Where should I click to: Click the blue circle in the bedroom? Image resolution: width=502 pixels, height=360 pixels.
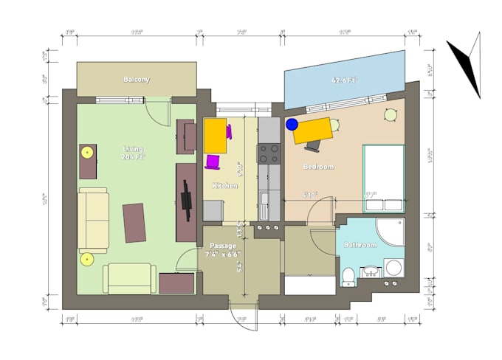pyautogui.click(x=292, y=125)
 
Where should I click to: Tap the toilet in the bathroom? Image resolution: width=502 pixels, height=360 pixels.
pyautogui.click(x=348, y=276)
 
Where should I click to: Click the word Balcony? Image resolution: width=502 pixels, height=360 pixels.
pyautogui.click(x=137, y=79)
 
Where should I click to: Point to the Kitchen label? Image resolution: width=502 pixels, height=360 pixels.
pyautogui.click(x=224, y=186)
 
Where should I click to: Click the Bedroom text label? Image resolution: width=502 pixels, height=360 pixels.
pyautogui.click(x=318, y=167)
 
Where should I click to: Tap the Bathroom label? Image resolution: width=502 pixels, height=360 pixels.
pyautogui.click(x=361, y=245)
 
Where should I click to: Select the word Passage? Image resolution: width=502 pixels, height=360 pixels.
pyautogui.click(x=222, y=246)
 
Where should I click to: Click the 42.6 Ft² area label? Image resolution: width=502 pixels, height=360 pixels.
pyautogui.click(x=345, y=80)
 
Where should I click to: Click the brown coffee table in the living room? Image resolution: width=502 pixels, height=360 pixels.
pyautogui.click(x=134, y=222)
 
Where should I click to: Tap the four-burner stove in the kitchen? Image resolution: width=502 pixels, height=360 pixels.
pyautogui.click(x=268, y=153)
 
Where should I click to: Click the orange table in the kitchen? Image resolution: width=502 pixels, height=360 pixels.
pyautogui.click(x=215, y=136)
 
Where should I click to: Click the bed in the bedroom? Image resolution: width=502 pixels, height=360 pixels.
pyautogui.click(x=383, y=177)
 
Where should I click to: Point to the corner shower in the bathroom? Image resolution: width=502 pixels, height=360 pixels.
pyautogui.click(x=389, y=232)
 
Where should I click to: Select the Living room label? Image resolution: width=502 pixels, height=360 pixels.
pyautogui.click(x=134, y=153)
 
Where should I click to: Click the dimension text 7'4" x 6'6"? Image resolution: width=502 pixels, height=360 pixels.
pyautogui.click(x=222, y=254)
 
